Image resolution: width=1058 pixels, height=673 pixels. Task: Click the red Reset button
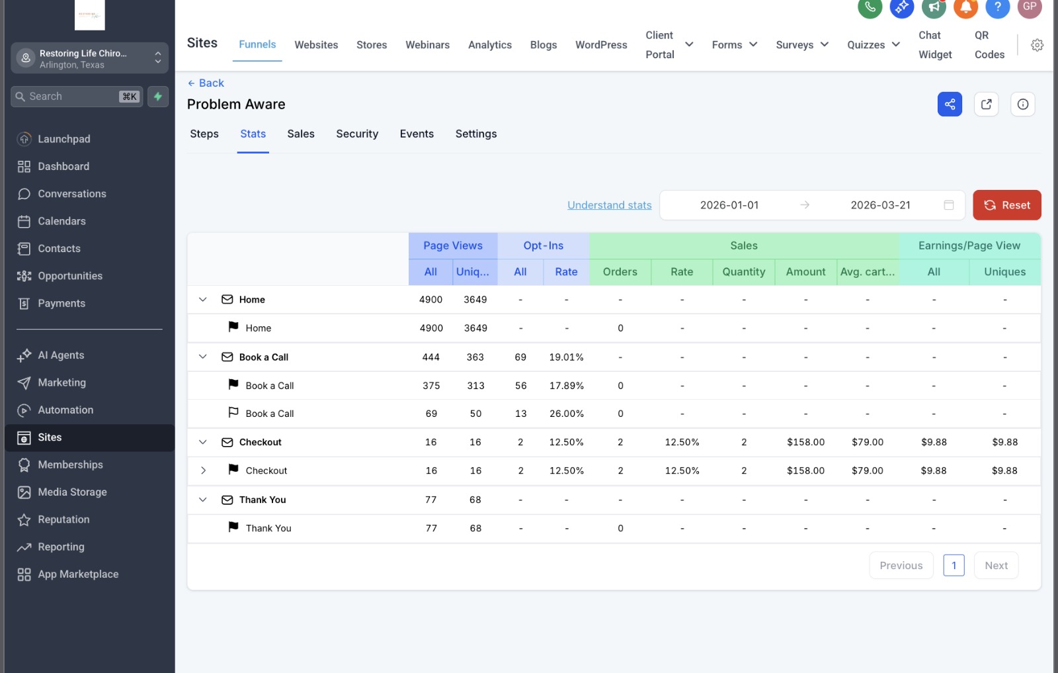pyautogui.click(x=1006, y=205)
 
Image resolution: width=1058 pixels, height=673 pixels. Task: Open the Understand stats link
pyautogui.click(x=609, y=205)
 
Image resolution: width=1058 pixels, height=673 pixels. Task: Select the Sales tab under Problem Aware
pyautogui.click(x=301, y=134)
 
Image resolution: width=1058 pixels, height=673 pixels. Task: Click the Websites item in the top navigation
pyautogui.click(x=316, y=45)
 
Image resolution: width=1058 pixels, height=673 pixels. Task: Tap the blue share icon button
pyautogui.click(x=950, y=104)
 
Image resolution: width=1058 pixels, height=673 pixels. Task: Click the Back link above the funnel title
pyautogui.click(x=206, y=83)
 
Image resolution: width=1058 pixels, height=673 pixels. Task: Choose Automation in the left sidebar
pyautogui.click(x=65, y=410)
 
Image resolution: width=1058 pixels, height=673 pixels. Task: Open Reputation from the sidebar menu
pyautogui.click(x=63, y=519)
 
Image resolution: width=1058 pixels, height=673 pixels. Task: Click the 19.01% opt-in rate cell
pyautogui.click(x=566, y=357)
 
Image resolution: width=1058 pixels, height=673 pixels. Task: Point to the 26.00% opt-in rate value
pyautogui.click(x=566, y=414)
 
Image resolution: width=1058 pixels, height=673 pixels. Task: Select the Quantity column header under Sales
pyautogui.click(x=743, y=272)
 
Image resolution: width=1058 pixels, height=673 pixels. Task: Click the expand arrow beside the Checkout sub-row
pyautogui.click(x=203, y=471)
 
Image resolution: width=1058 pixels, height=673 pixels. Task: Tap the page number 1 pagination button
pyautogui.click(x=954, y=565)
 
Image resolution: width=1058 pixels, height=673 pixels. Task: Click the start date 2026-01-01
pyautogui.click(x=729, y=205)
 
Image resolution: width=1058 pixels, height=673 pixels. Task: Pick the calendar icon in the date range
pyautogui.click(x=948, y=205)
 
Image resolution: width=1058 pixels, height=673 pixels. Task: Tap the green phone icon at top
pyautogui.click(x=870, y=7)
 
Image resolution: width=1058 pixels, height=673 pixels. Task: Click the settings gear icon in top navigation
pyautogui.click(x=1037, y=45)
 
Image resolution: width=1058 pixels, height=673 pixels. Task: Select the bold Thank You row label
pyautogui.click(x=262, y=500)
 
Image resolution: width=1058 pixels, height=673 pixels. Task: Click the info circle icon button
pyautogui.click(x=1022, y=104)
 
